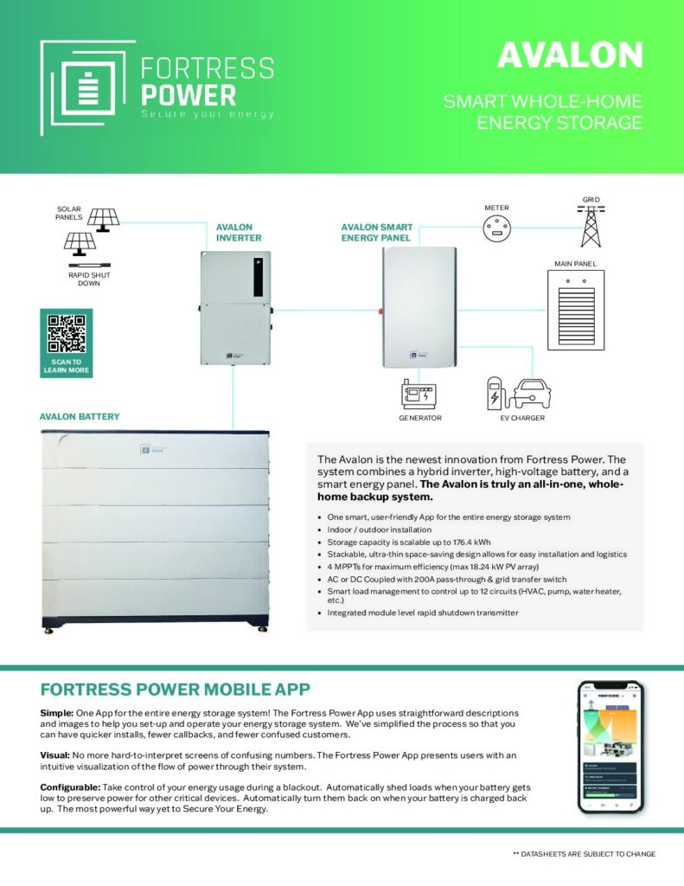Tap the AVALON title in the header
570,55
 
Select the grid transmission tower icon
591,226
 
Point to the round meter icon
497,230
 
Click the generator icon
420,394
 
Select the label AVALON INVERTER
238,233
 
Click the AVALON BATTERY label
80,417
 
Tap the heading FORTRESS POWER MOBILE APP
176,689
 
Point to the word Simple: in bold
57,711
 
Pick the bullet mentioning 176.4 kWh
402,542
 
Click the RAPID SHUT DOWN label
89,279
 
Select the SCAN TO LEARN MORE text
66,366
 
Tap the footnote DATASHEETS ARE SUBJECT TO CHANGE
584,853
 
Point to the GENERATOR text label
420,418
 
